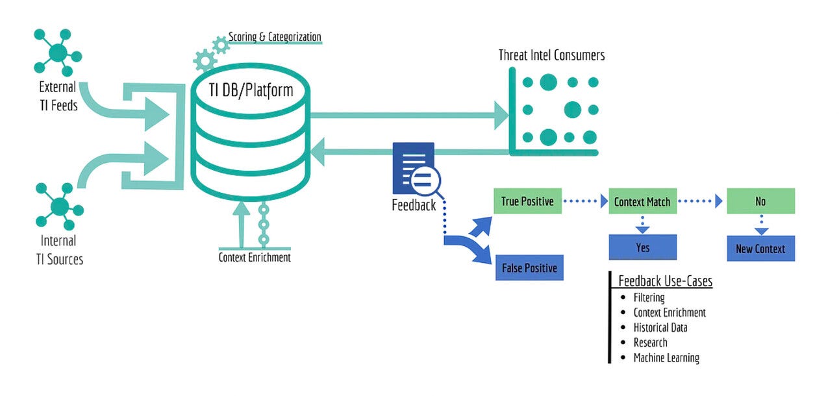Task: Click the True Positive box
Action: click(x=527, y=201)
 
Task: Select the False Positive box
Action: click(x=529, y=267)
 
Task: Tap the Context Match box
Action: click(x=643, y=201)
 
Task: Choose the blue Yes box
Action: click(x=643, y=247)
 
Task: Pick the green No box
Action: click(x=760, y=201)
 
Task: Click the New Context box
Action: click(x=760, y=249)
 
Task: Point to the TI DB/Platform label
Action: click(x=251, y=90)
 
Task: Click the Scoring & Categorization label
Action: click(x=275, y=37)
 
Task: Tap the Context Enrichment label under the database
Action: click(x=255, y=258)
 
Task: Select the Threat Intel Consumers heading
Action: click(x=551, y=55)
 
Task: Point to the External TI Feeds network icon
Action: click(x=58, y=53)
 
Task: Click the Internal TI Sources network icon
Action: click(x=60, y=206)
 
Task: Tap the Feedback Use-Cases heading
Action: click(x=665, y=280)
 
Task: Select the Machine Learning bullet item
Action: click(x=666, y=358)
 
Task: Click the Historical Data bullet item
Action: click(x=660, y=328)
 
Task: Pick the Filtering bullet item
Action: click(x=649, y=297)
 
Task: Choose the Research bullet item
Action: click(x=650, y=343)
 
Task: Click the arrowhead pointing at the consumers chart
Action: click(x=501, y=116)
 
